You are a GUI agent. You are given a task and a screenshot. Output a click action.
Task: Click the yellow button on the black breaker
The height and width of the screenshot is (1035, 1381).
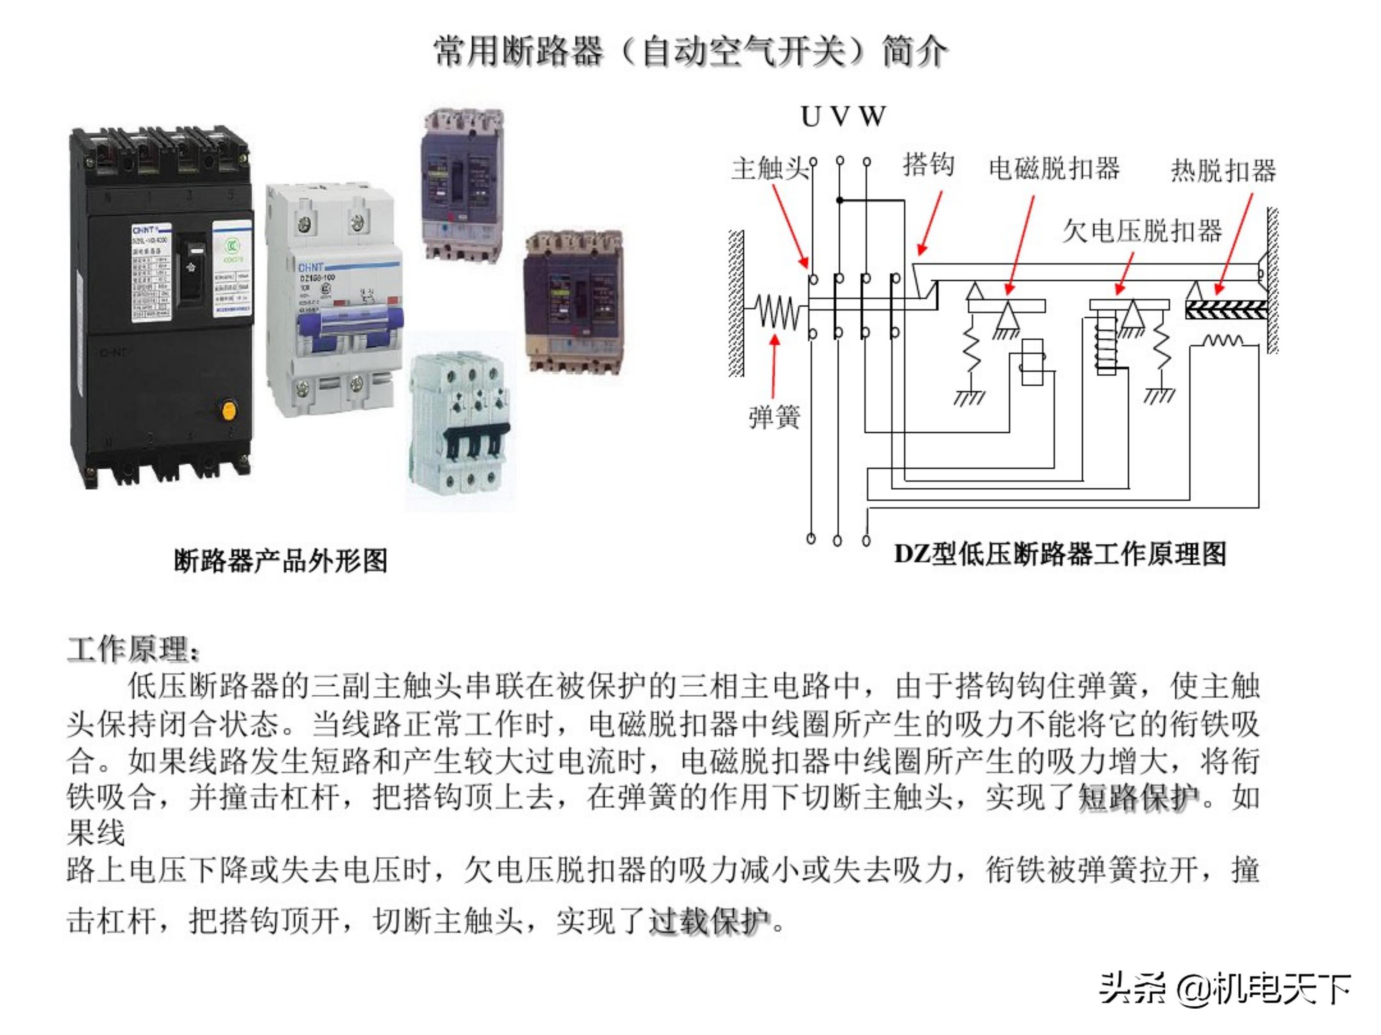(229, 411)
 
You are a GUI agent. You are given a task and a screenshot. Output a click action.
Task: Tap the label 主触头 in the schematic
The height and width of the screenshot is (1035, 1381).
(769, 169)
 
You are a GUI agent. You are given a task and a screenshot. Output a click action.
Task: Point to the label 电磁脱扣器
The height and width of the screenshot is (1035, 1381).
(1054, 169)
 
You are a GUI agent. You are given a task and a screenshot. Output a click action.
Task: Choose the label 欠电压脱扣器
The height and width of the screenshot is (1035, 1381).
(1142, 231)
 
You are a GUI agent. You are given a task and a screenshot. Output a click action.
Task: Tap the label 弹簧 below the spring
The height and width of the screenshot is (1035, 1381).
(774, 417)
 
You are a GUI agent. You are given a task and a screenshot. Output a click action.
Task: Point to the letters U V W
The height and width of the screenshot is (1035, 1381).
(843, 116)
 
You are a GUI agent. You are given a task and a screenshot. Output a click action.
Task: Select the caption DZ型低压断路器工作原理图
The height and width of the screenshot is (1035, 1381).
(1060, 554)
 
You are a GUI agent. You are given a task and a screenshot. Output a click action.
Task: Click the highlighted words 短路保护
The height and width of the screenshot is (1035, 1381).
(1139, 797)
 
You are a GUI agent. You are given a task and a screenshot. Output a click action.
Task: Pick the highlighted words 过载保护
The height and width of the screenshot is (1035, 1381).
(709, 921)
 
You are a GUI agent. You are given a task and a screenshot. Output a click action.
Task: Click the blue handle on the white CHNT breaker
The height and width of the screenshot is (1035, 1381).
(350, 329)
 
